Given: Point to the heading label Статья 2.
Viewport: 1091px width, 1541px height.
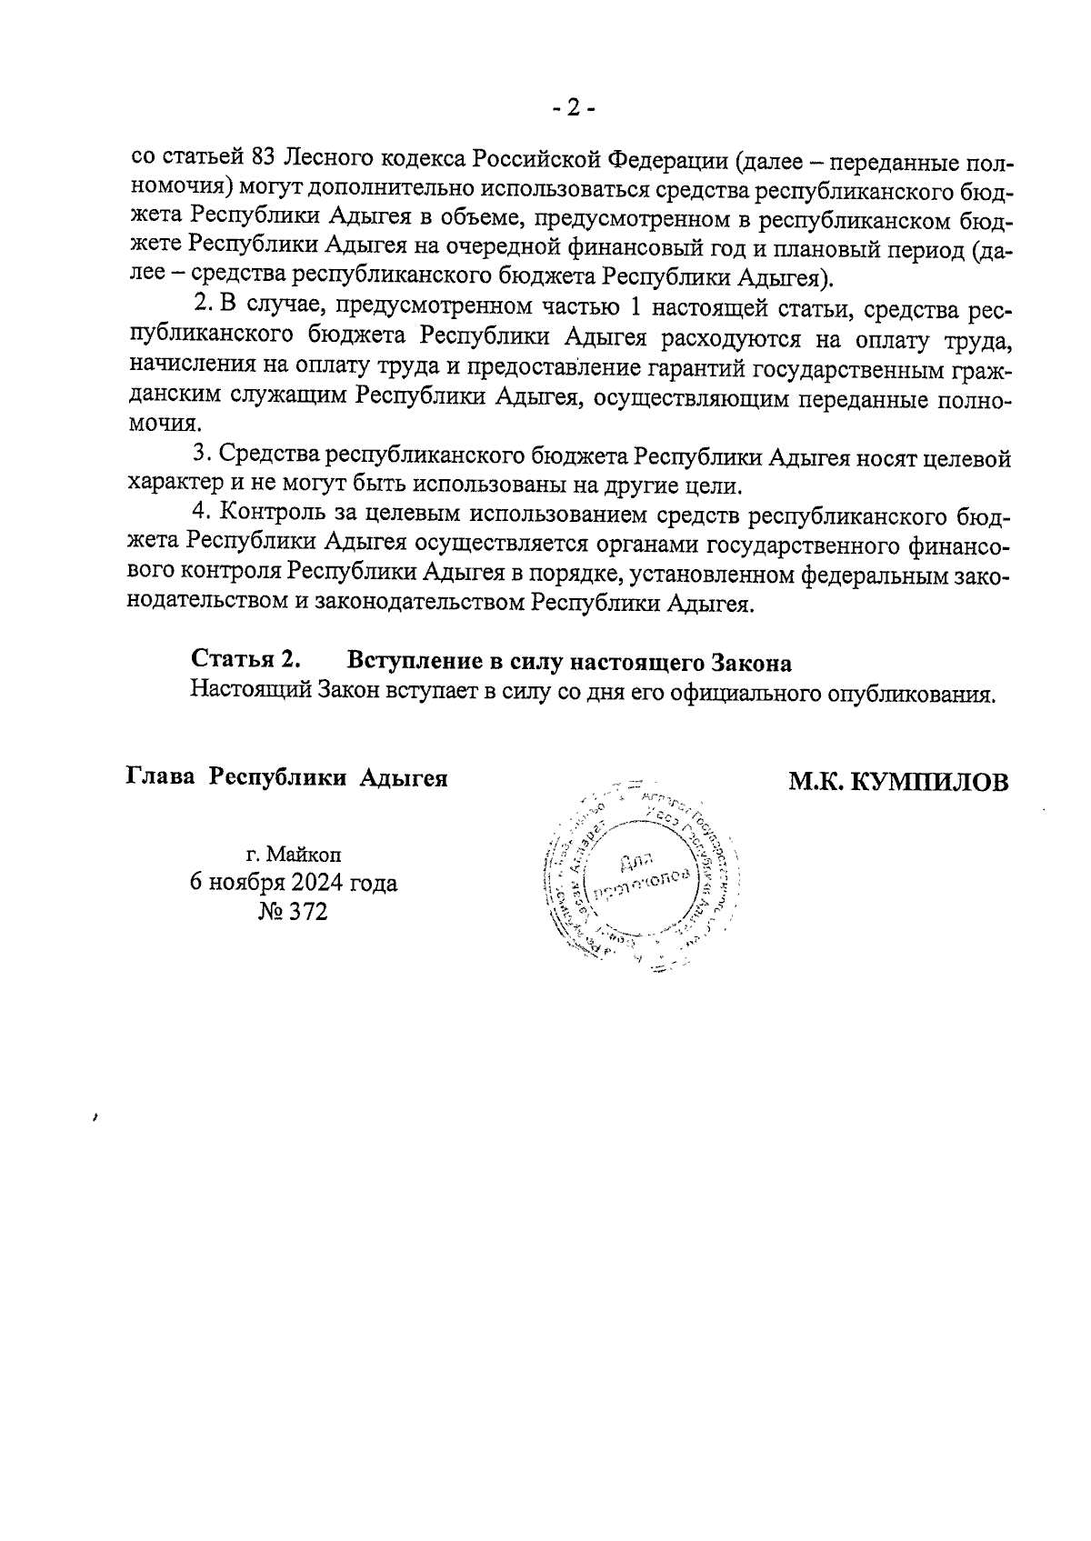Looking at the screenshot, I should (x=246, y=659).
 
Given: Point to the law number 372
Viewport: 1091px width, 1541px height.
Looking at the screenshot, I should (x=308, y=911).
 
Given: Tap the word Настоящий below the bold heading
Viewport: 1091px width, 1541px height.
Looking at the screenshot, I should (x=250, y=693).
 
